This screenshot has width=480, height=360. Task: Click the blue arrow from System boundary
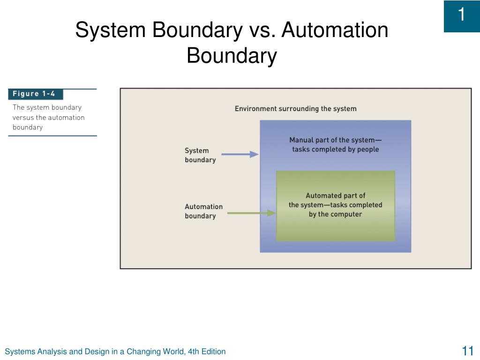tap(240, 154)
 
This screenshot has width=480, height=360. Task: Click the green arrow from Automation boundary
tap(251, 213)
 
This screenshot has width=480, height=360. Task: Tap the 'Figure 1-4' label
tap(34, 94)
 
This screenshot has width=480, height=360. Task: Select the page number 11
tap(467, 351)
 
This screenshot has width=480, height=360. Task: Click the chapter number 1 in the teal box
tap(461, 15)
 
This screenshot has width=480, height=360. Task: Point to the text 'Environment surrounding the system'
tap(295, 109)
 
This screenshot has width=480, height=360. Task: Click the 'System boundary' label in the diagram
tap(200, 155)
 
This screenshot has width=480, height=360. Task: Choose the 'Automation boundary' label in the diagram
tap(203, 211)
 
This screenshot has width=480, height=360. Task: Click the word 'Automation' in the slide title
tap(335, 30)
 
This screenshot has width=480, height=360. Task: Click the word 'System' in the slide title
tap(111, 30)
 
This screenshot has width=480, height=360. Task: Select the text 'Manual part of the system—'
tap(335, 140)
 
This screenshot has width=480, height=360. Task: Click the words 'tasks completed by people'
tap(336, 150)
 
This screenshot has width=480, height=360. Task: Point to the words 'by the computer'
tap(335, 214)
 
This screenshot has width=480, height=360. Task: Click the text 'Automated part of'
tap(335, 195)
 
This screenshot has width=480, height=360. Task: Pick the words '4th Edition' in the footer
tap(207, 352)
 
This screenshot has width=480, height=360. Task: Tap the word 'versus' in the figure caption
tap(23, 118)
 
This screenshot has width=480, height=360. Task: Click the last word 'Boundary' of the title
tap(232, 56)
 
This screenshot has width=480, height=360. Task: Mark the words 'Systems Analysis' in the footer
tap(36, 352)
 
